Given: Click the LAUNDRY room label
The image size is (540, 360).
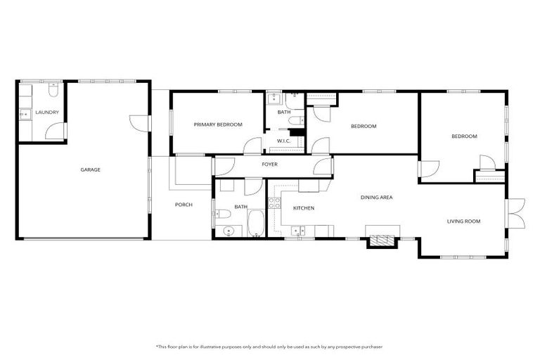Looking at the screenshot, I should coord(46,112).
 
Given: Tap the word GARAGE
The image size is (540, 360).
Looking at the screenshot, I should coord(90,169).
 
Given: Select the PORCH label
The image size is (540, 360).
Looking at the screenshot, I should coord(184,205).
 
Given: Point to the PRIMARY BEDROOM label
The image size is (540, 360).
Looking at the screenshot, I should coord(218,124).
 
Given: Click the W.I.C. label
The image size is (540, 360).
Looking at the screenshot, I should coord(284,141).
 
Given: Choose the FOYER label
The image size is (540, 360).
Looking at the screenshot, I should coord(269,165).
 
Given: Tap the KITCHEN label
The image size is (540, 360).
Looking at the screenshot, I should coord(303,208).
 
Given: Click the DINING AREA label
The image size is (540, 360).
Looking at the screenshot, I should coord(376,198).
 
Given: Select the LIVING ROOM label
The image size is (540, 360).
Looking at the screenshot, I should coord(463,221).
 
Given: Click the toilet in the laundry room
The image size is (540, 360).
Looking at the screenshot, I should coord(53,91).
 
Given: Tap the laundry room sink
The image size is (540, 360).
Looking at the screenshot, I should coord(23,112).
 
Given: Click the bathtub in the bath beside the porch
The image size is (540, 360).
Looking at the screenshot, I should coord(255,224).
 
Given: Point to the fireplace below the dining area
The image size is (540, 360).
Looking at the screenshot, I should coord(382,240).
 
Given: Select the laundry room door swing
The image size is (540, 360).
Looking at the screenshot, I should coord(55,131).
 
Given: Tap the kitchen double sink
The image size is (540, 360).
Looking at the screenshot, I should coord(299,230).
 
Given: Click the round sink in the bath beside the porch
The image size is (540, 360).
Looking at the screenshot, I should coord(225,231).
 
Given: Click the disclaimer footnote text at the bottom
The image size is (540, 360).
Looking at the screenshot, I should coord(270,346).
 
